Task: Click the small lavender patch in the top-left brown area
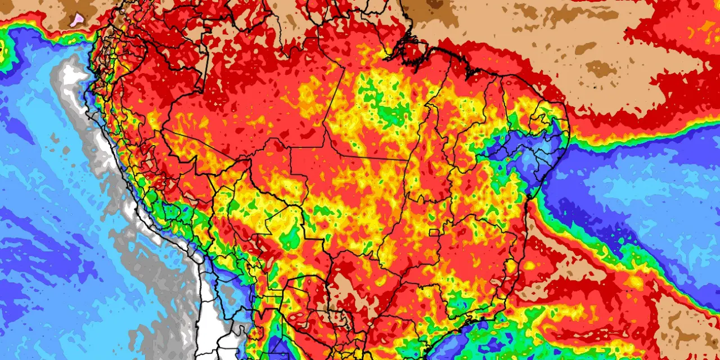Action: click(x=77, y=19)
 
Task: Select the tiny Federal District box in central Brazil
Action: click(x=434, y=232)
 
